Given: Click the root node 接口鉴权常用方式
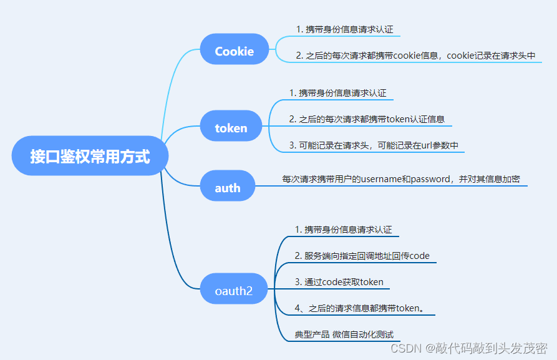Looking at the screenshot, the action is [x=90, y=156].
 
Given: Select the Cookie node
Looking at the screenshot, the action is [x=234, y=51].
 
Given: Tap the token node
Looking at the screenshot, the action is [x=231, y=128].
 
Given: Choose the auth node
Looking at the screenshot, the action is [x=228, y=187].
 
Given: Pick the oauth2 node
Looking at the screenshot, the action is [x=233, y=290].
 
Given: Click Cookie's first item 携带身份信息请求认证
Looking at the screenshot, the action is [x=344, y=29].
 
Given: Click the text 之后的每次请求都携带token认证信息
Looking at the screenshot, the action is [x=366, y=119].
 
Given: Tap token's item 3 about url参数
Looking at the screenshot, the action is [x=374, y=145].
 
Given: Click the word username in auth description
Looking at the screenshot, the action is [x=381, y=179].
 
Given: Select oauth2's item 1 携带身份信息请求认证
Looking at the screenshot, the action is [x=343, y=230].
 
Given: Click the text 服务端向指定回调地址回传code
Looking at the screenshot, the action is [x=362, y=256].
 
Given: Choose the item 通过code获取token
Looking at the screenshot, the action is [x=339, y=282].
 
